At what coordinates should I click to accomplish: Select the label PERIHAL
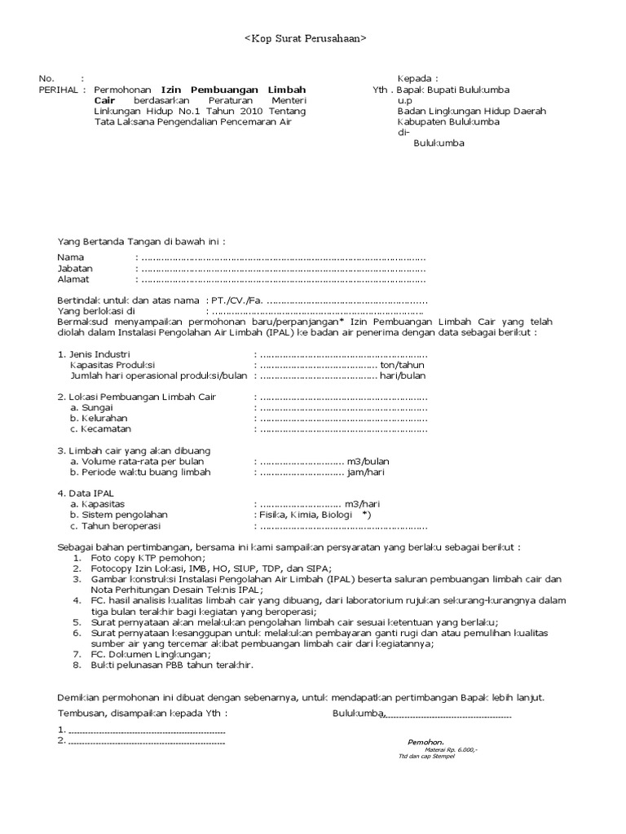[59, 90]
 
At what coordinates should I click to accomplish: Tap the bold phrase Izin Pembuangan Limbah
[233, 90]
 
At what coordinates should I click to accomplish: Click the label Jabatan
[74, 268]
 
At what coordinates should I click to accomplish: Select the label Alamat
[73, 279]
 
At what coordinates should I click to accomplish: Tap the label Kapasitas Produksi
[112, 366]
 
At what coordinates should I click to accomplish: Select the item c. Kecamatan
[100, 429]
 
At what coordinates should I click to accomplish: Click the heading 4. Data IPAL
[85, 493]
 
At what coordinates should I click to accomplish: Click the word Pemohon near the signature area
[425, 743]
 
